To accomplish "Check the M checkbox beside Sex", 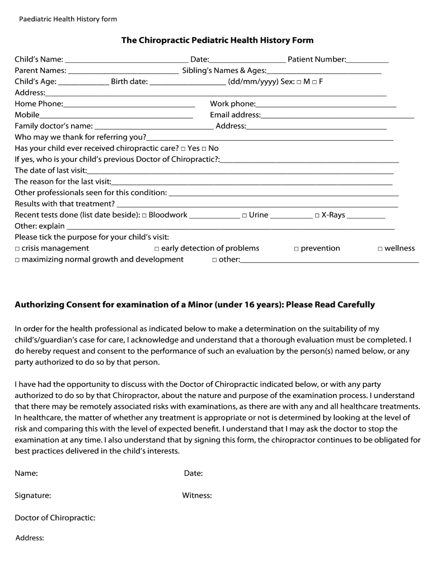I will tap(299, 82).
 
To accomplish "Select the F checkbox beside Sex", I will tap(315, 82).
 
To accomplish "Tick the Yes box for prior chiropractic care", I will tap(183, 149).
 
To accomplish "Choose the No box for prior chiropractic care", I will tap(204, 149).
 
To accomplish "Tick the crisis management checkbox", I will tap(17, 249).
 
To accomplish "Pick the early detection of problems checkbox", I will tap(157, 249).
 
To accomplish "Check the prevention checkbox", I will tap(297, 249).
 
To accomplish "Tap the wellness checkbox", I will tap(380, 249).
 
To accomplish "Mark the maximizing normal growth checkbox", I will tap(17, 260).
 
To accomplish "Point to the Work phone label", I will tap(232, 104).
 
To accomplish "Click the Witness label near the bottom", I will tap(196, 496).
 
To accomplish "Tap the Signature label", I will tap(32, 496).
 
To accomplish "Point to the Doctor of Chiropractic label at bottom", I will tap(55, 518).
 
